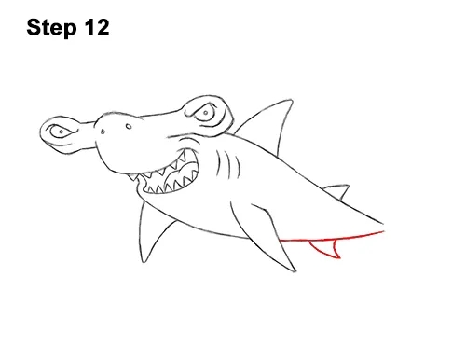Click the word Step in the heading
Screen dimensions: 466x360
[x=51, y=28]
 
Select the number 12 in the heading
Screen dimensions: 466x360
[x=96, y=27]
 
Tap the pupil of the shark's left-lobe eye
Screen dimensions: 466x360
[x=62, y=132]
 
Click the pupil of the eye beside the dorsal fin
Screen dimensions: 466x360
[x=206, y=112]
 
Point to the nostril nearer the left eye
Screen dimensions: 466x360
[x=103, y=132]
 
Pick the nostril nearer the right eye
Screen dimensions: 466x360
[x=129, y=126]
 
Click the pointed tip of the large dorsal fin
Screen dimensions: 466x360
[x=292, y=100]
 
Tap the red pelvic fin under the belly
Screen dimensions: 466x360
[x=327, y=249]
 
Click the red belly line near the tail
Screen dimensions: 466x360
[x=333, y=238]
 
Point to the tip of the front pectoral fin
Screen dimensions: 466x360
[x=295, y=270]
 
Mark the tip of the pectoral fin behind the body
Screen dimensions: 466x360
[x=144, y=261]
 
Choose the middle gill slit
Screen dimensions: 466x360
[x=229, y=166]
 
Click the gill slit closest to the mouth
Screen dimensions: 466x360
[x=218, y=163]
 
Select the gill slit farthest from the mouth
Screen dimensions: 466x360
[x=238, y=167]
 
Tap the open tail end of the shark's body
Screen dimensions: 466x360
[x=384, y=228]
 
